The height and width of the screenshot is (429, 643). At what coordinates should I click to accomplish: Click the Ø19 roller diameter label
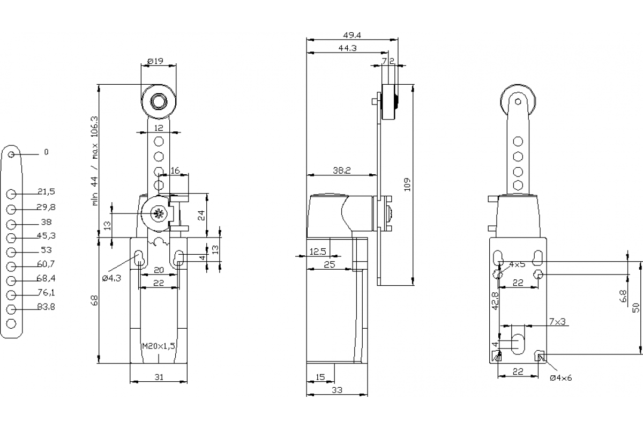pos(155,61)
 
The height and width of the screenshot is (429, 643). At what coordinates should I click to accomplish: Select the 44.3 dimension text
pos(348,48)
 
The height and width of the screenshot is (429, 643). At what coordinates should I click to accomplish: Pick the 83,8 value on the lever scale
pos(46,307)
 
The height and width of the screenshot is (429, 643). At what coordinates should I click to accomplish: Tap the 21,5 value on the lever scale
pos(46,191)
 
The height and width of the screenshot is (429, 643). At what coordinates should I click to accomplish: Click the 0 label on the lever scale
pos(46,152)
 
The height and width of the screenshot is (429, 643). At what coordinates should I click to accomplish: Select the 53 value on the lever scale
pos(46,249)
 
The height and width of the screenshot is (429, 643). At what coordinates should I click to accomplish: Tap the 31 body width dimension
pos(159,377)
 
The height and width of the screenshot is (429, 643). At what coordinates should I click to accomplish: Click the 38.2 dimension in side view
pos(341,171)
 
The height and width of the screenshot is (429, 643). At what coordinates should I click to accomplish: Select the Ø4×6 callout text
pos(561,378)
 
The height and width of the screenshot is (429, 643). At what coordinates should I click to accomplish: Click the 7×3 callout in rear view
pos(557,321)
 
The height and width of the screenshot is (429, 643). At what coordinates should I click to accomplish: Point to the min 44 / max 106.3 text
pos(95,161)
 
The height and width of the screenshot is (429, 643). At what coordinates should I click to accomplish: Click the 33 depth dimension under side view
pos(337,390)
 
